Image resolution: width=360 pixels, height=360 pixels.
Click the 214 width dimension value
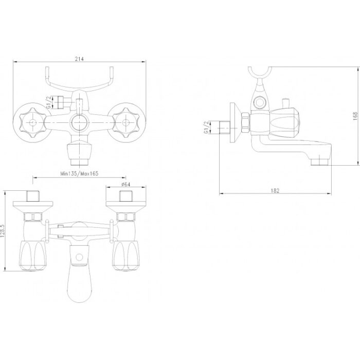click(79, 59)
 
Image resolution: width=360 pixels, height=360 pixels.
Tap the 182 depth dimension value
click(275, 191)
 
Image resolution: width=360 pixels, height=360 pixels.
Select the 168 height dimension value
click(355, 116)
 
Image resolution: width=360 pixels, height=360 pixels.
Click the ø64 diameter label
click(126, 184)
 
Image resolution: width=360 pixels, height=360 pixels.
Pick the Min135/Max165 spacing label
click(79, 174)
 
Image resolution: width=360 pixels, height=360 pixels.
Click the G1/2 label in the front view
click(49, 102)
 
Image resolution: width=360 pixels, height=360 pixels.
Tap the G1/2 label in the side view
click(206, 128)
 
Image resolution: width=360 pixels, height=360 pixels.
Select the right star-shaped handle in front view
click(125, 122)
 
